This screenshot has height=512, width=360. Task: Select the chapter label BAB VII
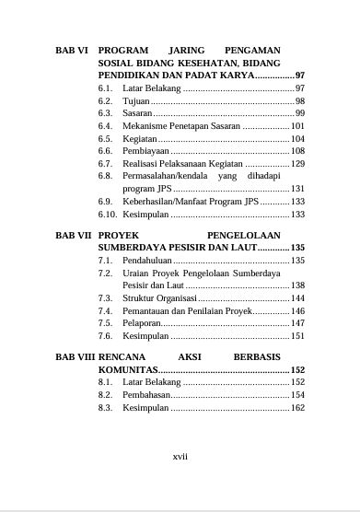(x=73, y=235)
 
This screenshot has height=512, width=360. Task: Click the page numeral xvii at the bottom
(x=180, y=455)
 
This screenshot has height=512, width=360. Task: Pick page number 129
(x=297, y=163)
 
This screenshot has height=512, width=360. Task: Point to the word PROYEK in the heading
(x=121, y=235)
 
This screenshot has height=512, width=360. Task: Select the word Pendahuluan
(x=149, y=261)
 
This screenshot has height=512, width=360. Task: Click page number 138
(x=297, y=286)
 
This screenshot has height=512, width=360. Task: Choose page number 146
(x=297, y=311)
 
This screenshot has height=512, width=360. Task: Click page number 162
(x=297, y=407)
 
